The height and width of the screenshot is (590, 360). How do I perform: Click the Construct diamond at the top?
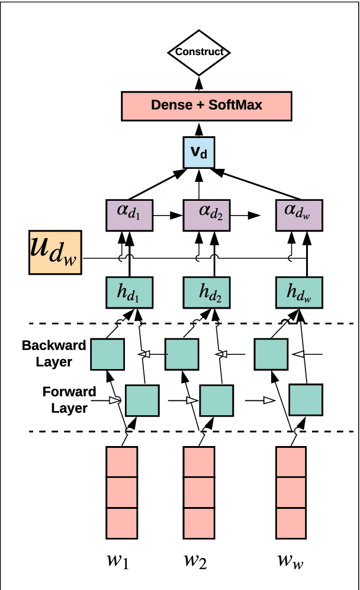click(x=199, y=52)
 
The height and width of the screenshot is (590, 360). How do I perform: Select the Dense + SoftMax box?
click(x=206, y=105)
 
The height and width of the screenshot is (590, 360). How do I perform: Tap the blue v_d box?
click(x=198, y=153)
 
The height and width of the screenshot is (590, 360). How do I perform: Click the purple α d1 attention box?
click(x=128, y=214)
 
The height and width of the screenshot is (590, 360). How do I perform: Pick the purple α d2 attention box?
click(x=206, y=214)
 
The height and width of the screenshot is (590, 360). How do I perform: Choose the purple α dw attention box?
click(x=299, y=214)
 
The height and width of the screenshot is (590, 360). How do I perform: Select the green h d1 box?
click(x=128, y=292)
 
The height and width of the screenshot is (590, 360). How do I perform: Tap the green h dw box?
click(x=299, y=292)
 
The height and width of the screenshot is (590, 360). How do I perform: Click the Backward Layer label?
click(x=54, y=353)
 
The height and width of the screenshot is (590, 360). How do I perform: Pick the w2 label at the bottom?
click(x=195, y=559)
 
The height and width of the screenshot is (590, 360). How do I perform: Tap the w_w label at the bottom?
click(x=290, y=559)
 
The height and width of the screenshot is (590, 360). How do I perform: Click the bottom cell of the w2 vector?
click(x=198, y=524)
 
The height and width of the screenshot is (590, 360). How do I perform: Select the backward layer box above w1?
click(x=107, y=354)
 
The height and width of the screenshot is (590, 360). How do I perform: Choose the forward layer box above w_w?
click(x=306, y=400)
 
